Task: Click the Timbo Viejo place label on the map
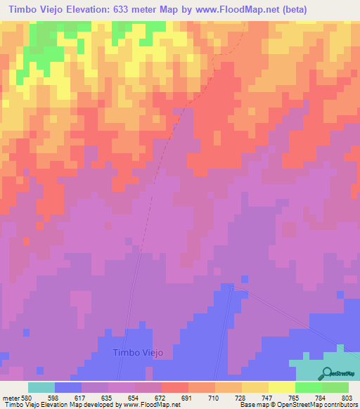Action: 138,353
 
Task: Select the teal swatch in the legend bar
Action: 41,387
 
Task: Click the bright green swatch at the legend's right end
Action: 335,387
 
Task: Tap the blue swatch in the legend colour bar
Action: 68,387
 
